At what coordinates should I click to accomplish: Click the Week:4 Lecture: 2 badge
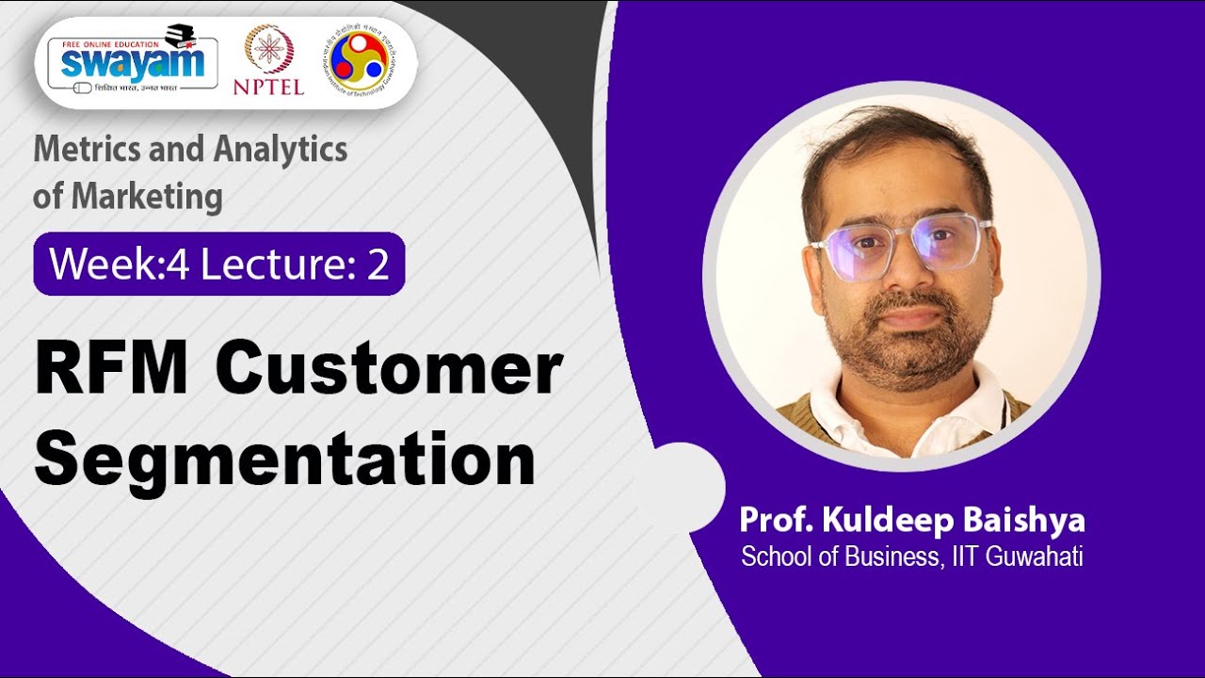coord(219,265)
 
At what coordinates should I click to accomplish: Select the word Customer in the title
coord(388,370)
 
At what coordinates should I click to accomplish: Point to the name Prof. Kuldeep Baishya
coord(911,521)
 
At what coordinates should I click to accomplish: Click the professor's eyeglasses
coord(899,247)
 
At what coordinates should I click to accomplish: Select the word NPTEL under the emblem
coord(268,87)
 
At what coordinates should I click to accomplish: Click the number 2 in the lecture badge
coord(378,265)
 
